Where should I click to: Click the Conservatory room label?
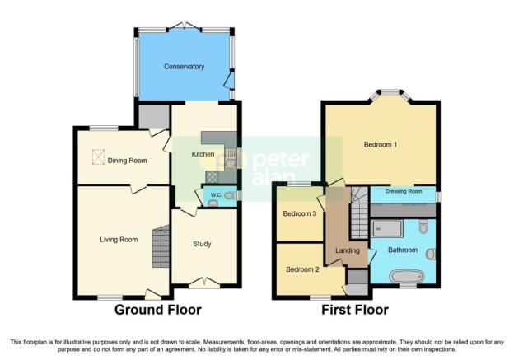(184, 67)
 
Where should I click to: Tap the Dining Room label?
(127, 161)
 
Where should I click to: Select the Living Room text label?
(119, 240)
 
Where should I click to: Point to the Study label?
(202, 244)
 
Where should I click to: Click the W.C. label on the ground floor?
(216, 195)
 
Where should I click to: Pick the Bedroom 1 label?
(381, 144)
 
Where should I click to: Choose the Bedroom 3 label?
(300, 213)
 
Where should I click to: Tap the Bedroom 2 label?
(302, 269)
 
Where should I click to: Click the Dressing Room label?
(404, 191)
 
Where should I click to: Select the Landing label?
(348, 250)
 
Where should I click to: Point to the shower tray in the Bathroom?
(387, 228)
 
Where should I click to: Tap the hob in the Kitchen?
(212, 177)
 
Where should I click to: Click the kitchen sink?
(231, 159)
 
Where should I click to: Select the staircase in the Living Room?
(161, 246)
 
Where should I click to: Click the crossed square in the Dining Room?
(98, 157)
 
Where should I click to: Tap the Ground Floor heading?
(158, 310)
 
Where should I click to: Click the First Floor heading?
(355, 310)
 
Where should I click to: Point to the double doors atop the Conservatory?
(185, 26)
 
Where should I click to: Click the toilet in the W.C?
(231, 195)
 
